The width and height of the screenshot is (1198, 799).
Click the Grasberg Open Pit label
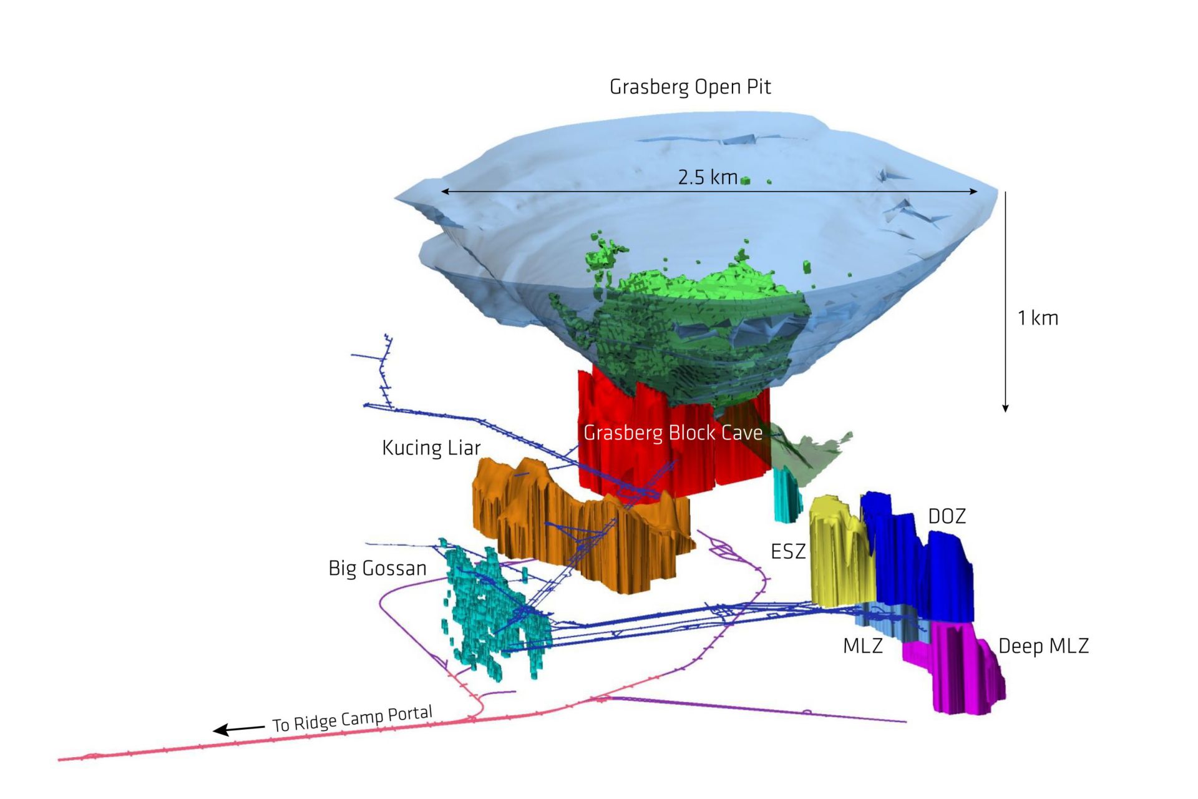(x=690, y=87)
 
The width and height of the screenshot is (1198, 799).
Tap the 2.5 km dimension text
(x=708, y=177)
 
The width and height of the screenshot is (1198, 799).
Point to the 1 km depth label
(x=1038, y=318)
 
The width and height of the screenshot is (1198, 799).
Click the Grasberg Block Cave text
(x=673, y=433)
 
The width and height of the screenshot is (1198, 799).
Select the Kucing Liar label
(x=431, y=448)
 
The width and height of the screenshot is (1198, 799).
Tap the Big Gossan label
(x=377, y=568)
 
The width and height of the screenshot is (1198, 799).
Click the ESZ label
(x=788, y=551)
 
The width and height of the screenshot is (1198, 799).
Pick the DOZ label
(x=947, y=516)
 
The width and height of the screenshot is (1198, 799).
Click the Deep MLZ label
(x=1043, y=645)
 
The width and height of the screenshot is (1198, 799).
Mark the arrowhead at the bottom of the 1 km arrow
(x=1005, y=408)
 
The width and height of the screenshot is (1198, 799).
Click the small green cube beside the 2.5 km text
(x=745, y=181)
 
